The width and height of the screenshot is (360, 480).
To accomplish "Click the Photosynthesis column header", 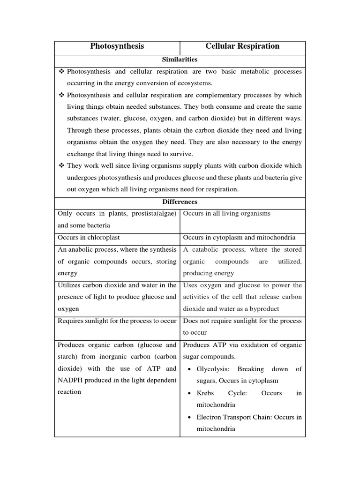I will coord(117,46).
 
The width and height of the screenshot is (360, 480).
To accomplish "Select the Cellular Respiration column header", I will coord(242,46).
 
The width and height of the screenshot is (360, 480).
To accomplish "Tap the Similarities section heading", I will coord(180,60).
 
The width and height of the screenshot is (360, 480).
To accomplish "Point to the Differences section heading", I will coord(180,202).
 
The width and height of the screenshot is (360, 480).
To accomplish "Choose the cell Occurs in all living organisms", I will coord(227,214).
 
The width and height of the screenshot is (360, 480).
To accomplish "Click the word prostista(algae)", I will coord(153,214).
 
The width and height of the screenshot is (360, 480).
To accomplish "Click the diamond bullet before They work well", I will coord(61,166).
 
